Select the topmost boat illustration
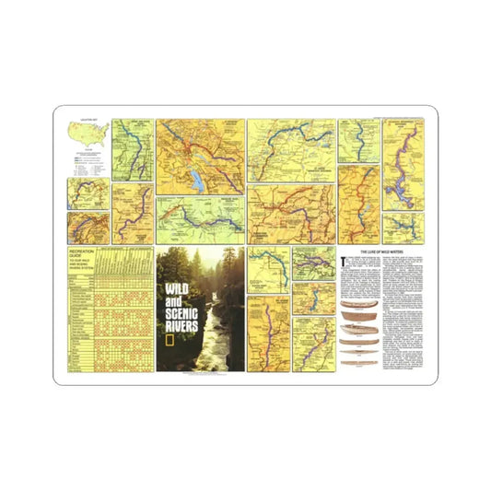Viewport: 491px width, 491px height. pyautogui.click(x=358, y=305)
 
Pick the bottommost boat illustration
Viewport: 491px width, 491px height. pyautogui.click(x=358, y=353)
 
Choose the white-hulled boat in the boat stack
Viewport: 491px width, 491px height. pyautogui.click(x=358, y=329)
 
